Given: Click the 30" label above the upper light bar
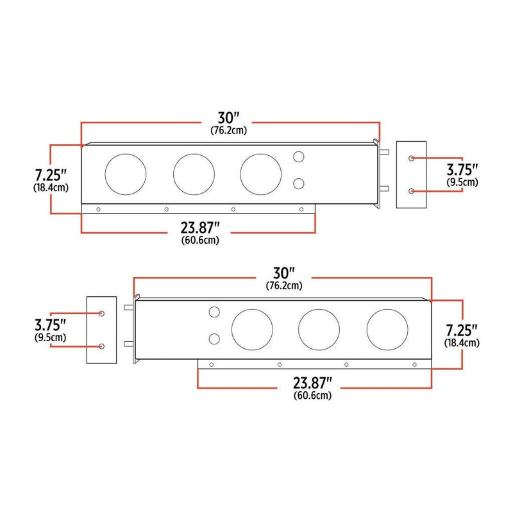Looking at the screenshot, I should point(228,118).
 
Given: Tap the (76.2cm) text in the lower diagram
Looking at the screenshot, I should point(283,285).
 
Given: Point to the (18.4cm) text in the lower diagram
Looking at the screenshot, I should point(462,343).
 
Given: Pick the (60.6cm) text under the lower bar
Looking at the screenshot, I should point(313,396).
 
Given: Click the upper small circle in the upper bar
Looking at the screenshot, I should point(299,156).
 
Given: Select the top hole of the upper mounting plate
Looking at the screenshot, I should point(411,158).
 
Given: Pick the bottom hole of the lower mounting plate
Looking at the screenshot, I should point(102,346).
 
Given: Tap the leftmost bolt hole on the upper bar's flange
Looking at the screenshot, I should point(99,209).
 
